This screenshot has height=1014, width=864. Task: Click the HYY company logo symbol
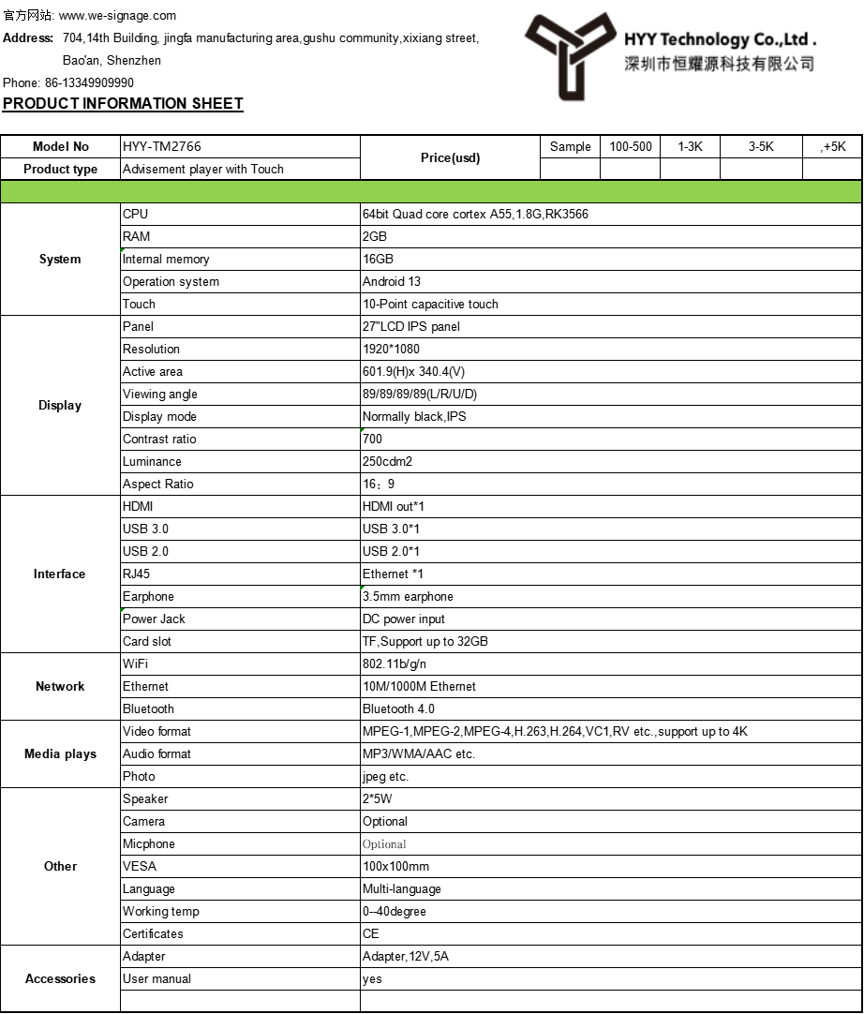569,54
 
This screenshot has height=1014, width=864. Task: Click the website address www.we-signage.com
117,16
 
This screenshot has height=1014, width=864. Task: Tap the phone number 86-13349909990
89,82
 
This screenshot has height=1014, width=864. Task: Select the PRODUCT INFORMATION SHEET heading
123,103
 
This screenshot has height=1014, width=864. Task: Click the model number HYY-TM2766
162,146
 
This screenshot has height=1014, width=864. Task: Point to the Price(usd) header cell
450,157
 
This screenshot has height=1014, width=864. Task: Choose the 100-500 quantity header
631,146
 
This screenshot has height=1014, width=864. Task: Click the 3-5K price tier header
761,146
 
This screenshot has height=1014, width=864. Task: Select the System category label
60,259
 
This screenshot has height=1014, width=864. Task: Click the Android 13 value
392,281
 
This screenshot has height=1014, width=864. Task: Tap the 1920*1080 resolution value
390,349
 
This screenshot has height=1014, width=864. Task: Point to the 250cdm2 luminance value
387,461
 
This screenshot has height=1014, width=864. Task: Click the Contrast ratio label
159,439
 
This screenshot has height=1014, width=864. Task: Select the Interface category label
60,574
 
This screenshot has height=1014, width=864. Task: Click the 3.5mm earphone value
408,596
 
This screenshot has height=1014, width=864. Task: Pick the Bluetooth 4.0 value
398,708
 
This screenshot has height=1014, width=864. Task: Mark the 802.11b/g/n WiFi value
395,664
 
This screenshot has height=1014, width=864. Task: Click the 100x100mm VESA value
395,866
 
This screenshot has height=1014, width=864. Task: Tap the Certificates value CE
371,933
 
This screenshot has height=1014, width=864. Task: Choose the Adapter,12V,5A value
406,956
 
